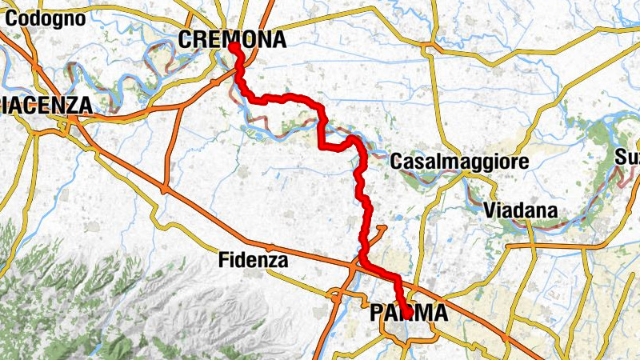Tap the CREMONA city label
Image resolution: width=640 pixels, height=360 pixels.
click(232, 39)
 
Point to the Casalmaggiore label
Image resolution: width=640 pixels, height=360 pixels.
click(459, 162)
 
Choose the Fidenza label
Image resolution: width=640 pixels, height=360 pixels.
click(252, 260)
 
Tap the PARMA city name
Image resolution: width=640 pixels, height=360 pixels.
click(409, 314)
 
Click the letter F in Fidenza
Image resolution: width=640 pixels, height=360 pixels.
click(223, 260)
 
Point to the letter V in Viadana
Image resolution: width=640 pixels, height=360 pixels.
click(490, 211)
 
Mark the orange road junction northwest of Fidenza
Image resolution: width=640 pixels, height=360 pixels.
click(164, 190)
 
